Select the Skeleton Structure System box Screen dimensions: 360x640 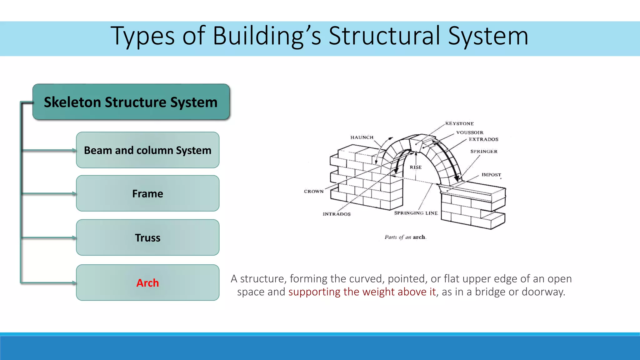[131, 102]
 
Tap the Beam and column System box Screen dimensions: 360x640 [147, 150]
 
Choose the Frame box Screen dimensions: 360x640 [147, 193]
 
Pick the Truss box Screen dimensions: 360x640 [147, 238]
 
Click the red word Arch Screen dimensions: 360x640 [147, 283]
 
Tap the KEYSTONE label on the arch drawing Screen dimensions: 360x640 [459, 123]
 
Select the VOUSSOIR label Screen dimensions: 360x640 [470, 132]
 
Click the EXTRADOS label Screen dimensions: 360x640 [483, 139]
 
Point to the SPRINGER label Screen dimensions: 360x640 [484, 152]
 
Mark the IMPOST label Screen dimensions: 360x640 [491, 175]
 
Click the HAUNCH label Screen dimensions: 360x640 [362, 137]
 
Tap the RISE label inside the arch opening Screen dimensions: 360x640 [416, 167]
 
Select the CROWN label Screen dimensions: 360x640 [314, 191]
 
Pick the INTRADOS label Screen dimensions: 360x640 [337, 214]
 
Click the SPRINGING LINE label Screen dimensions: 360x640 [416, 213]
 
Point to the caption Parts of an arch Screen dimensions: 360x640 [405, 237]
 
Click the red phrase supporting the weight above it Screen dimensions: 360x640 [362, 292]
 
